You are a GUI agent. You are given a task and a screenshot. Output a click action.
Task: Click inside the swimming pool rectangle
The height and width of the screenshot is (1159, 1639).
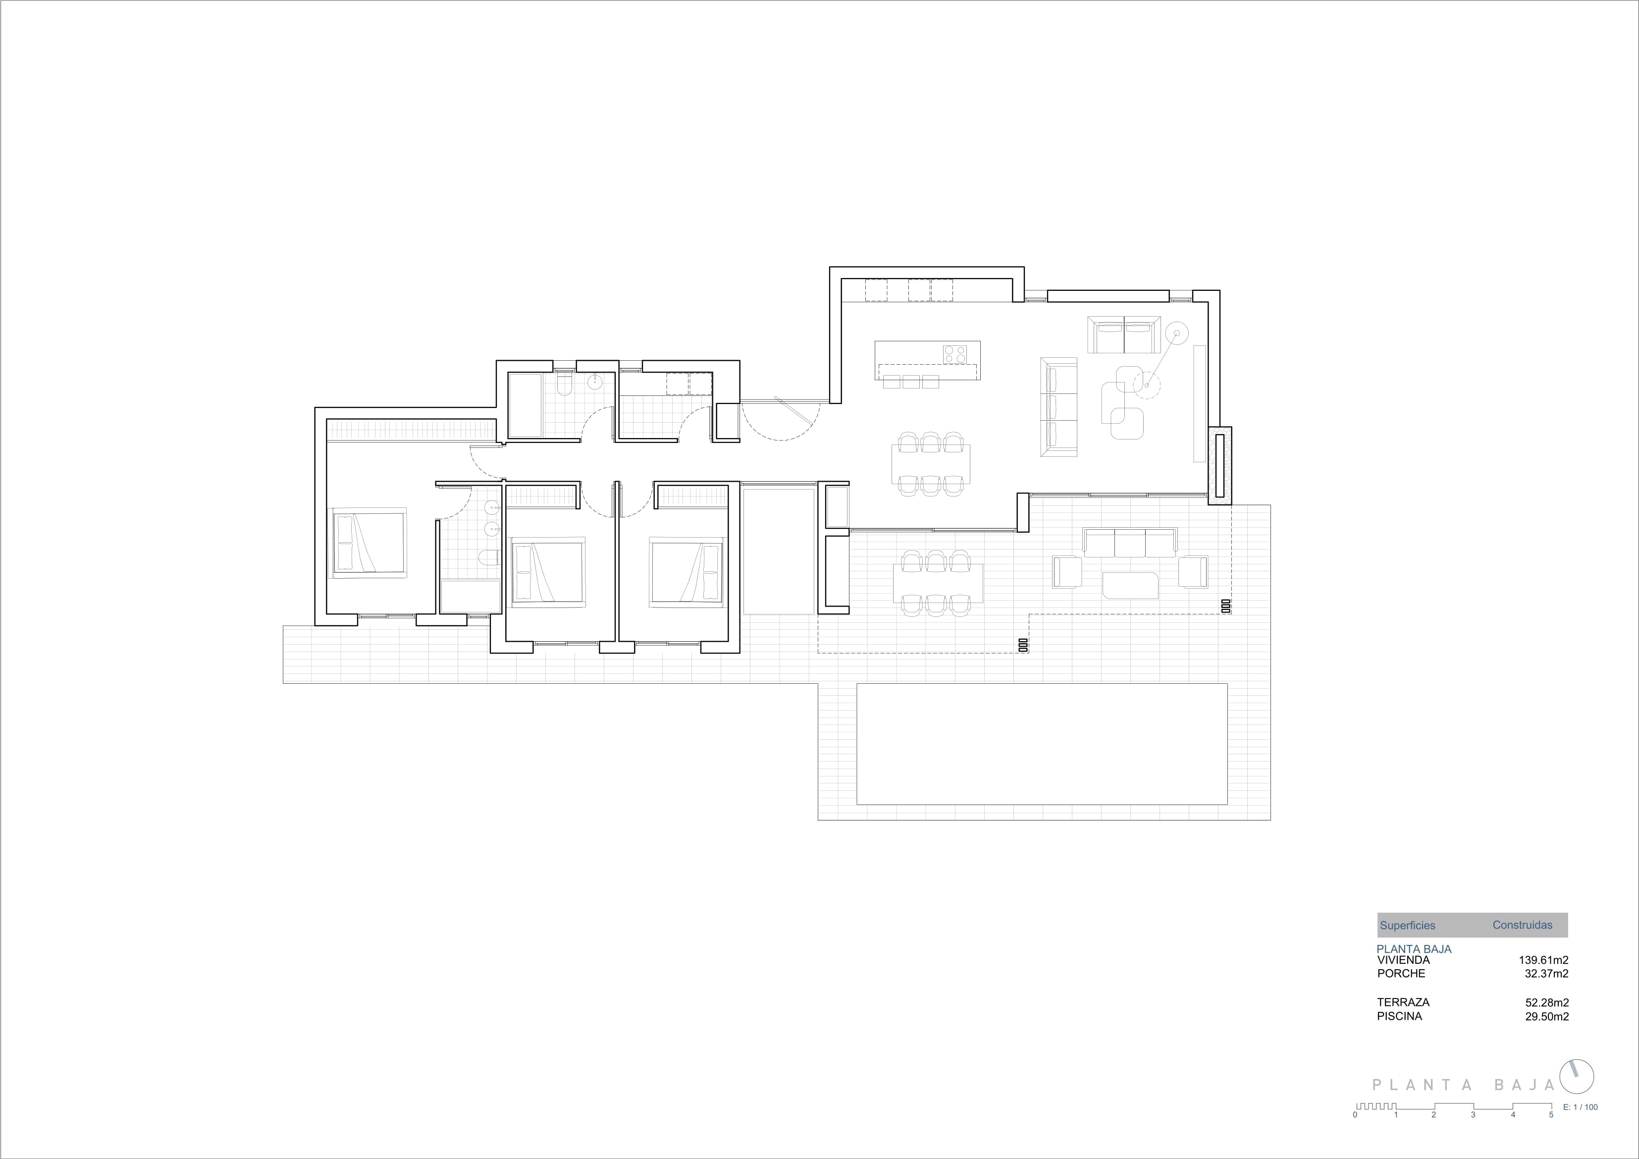click(x=1042, y=743)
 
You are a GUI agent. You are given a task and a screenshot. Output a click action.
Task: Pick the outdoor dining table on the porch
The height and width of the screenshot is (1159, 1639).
click(x=937, y=583)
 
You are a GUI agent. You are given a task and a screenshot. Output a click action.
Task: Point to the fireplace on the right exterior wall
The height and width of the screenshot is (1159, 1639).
click(x=1220, y=466)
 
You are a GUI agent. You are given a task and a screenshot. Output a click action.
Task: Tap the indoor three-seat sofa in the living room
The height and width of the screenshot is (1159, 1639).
click(x=1058, y=406)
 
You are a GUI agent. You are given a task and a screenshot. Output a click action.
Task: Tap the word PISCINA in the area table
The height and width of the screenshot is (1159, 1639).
click(x=1399, y=1016)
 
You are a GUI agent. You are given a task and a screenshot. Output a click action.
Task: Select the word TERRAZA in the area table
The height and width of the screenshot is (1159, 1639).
click(x=1403, y=1002)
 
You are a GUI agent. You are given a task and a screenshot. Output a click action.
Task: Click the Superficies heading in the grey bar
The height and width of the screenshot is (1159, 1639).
click(x=1407, y=926)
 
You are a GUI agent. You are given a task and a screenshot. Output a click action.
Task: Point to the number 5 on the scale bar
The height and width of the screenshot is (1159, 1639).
click(x=1550, y=1135)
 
